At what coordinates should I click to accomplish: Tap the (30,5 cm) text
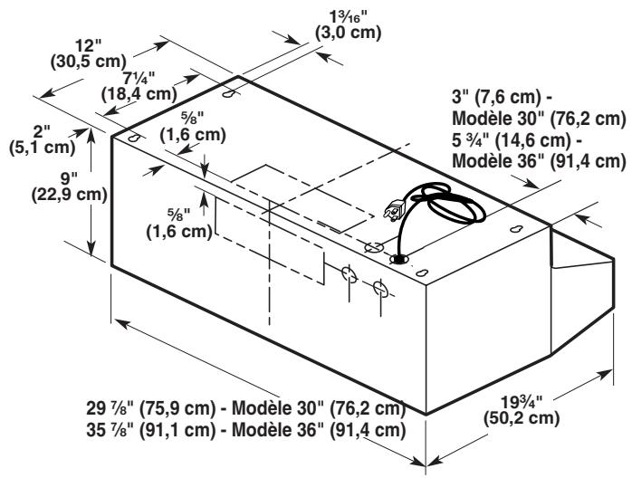coord(85,62)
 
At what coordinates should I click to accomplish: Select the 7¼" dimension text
coord(143,78)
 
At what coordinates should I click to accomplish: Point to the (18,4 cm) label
coord(139,92)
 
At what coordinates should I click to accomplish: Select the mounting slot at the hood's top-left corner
coord(134,139)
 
